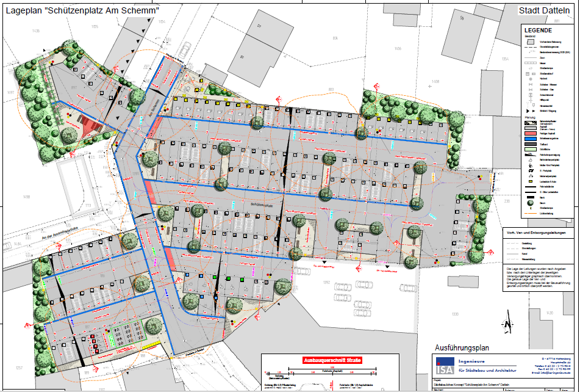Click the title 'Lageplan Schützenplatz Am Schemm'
pyautogui.click(x=83, y=10)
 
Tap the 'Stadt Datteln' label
pyautogui.click(x=544, y=10)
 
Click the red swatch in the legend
pyautogui.click(x=531, y=133)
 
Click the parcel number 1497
pyautogui.click(x=10, y=92)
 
